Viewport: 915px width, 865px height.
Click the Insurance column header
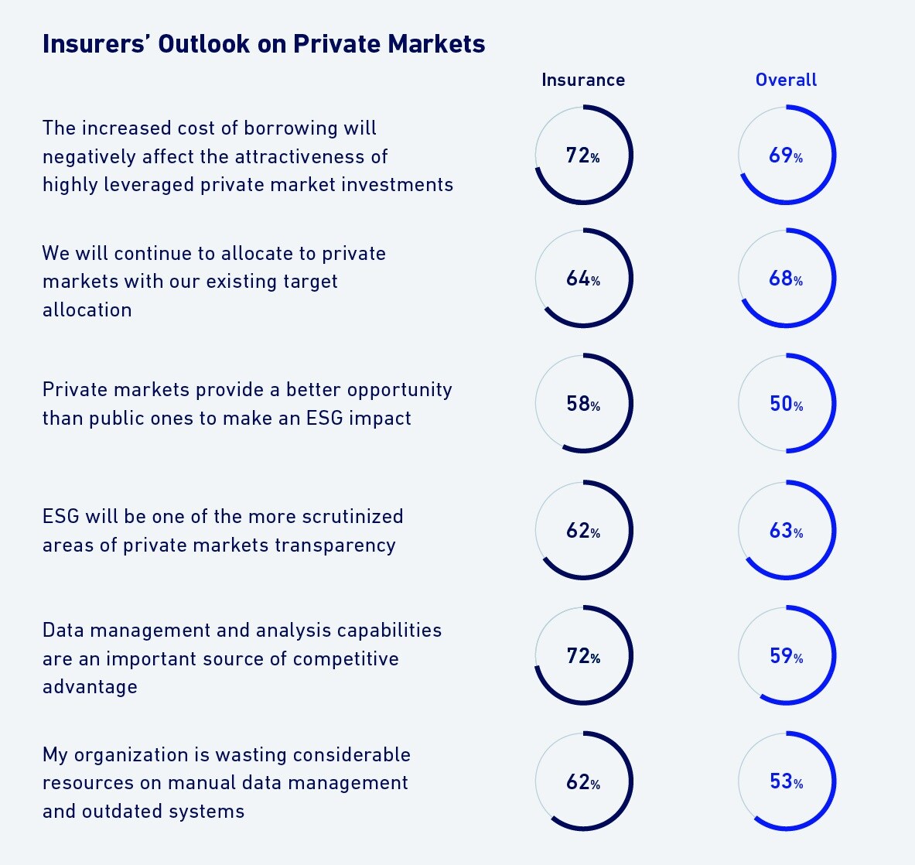583,80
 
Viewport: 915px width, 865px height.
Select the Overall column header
786,80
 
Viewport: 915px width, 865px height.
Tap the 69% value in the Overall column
786,156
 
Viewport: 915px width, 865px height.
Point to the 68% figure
786,279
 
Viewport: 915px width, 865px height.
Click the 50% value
786,404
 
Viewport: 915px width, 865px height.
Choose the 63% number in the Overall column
786,531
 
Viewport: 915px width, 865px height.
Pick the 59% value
786,657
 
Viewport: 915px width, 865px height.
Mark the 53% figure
786,782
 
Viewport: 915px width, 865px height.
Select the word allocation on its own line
87,310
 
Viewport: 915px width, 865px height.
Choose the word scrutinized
352,517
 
